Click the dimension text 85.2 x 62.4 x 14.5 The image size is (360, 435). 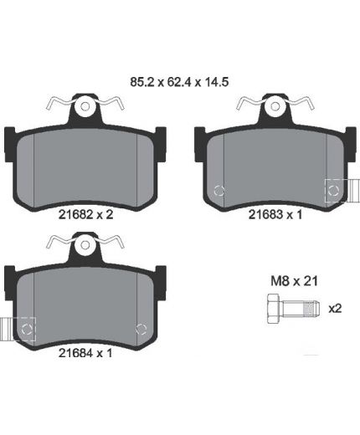point(179,82)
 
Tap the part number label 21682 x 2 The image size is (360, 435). point(85,215)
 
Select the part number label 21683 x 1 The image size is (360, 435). point(275,215)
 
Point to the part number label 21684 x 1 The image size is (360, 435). point(85,353)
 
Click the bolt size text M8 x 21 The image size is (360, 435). point(294,281)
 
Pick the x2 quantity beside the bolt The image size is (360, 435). point(335,309)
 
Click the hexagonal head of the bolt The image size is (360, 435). point(274,309)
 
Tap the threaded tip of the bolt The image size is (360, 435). point(312,309)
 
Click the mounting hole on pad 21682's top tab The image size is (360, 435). point(85,106)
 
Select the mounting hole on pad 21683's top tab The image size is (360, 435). point(275,106)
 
